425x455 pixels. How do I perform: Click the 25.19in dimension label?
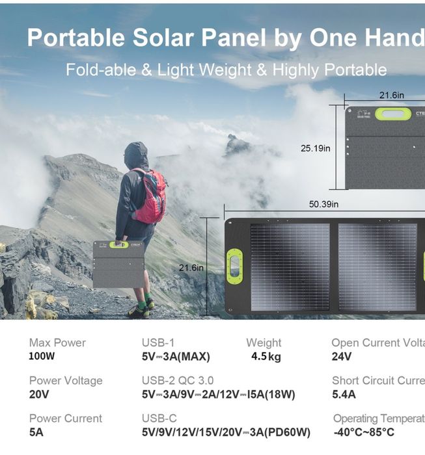(x=315, y=148)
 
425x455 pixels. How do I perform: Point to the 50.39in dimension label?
(x=323, y=204)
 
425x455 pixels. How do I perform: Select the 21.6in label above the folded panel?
(x=391, y=96)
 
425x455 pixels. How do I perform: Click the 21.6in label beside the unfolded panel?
(x=191, y=267)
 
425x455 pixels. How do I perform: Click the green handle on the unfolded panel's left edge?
(x=234, y=266)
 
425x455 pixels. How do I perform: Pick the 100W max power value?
(x=42, y=356)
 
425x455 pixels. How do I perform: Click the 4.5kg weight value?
(x=266, y=356)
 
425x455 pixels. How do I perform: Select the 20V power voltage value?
(x=38, y=394)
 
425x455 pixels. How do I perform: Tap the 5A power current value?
(x=36, y=432)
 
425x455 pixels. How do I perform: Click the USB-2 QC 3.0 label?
(x=178, y=381)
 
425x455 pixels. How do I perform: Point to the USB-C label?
(x=159, y=419)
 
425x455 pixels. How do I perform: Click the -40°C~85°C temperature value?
(x=364, y=432)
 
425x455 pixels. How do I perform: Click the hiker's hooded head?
(x=135, y=155)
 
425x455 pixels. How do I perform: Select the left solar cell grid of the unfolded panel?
(x=290, y=267)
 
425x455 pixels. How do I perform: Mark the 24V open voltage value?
(x=342, y=356)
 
